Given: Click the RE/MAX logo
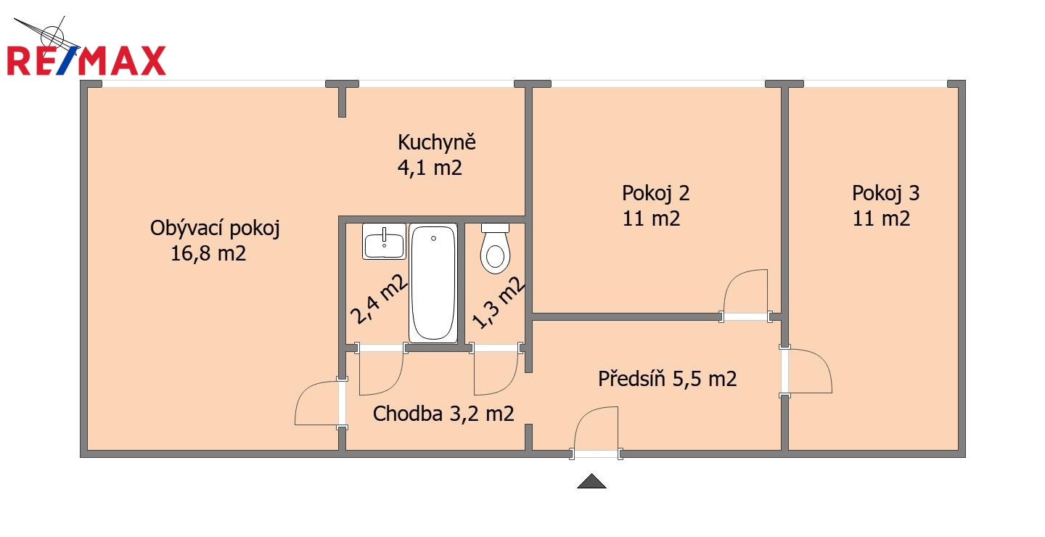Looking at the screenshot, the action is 87,61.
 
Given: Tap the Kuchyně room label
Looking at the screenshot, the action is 437,142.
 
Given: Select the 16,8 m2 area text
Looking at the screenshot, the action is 208,253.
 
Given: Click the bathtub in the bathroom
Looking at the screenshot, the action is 433,283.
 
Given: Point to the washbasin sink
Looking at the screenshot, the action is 384,241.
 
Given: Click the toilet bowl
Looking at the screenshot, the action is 495,249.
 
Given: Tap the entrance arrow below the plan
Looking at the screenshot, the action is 591,481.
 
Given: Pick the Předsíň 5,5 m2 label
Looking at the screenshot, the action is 667,378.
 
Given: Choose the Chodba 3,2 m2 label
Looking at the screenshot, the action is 443,414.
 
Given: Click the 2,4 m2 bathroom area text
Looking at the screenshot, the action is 379,299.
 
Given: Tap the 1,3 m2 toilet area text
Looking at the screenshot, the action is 499,303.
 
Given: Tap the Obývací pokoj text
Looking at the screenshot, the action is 215,228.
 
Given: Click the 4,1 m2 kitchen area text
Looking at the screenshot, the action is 430,168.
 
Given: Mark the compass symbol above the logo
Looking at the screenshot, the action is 52,36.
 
